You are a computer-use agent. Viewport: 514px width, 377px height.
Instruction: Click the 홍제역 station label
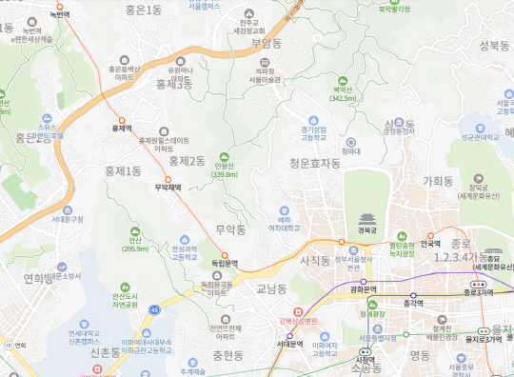121,127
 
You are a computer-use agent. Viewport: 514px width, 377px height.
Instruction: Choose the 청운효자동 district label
315,163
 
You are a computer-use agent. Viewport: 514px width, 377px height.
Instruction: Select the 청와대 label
351,149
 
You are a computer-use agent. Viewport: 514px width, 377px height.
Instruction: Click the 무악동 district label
231,229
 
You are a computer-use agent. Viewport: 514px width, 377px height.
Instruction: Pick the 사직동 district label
315,259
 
